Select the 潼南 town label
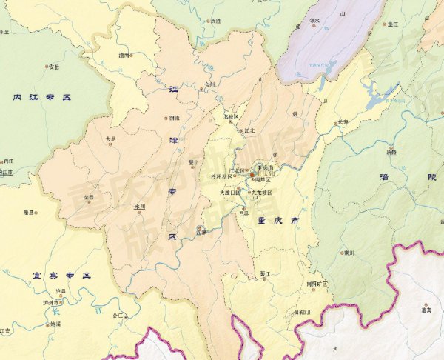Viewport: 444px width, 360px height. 125,55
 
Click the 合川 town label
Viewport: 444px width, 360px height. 210,84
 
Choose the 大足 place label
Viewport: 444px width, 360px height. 111,138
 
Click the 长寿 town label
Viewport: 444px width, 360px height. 343,121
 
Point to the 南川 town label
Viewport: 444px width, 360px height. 349,253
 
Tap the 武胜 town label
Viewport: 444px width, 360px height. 215,21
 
